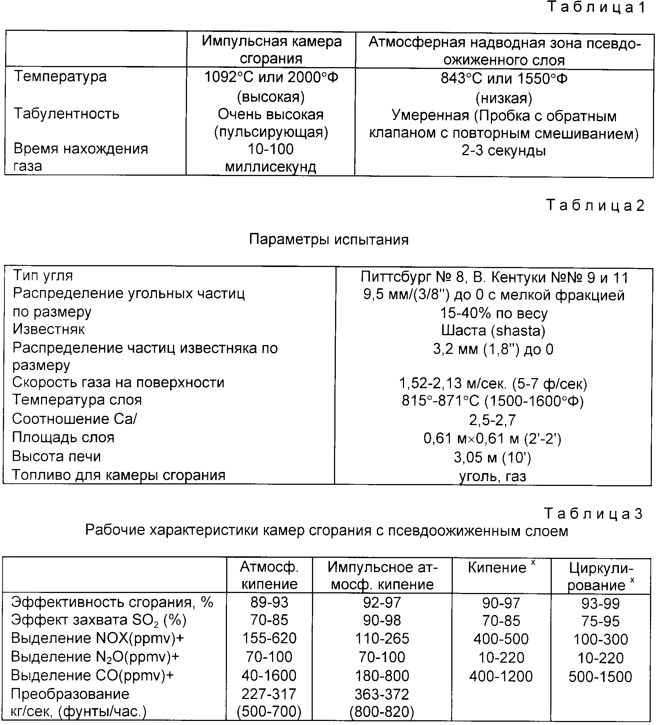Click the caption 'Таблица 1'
596,8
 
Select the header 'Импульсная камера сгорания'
271,50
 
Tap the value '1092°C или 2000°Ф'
271,77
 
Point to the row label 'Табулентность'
66,114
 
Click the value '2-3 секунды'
504,151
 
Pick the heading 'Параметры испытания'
328,239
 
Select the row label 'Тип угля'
43,275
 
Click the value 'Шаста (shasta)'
493,331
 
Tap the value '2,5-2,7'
492,420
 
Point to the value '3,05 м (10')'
492,457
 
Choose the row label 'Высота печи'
56,456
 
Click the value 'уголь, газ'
492,476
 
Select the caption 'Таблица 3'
593,514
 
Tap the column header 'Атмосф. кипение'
269,575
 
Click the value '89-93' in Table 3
269,602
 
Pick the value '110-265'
382,638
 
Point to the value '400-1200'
501,676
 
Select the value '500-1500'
600,677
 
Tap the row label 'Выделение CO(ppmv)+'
92,675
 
